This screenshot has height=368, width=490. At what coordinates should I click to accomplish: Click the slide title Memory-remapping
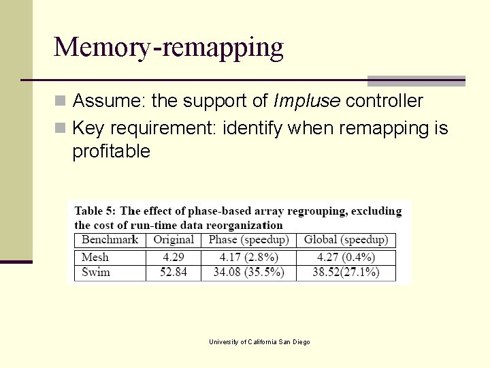point(168,48)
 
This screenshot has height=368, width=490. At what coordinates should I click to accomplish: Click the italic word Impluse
point(306,102)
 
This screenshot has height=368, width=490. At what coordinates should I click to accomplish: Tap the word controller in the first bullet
point(385,102)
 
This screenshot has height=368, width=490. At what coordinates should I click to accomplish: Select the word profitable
point(111,151)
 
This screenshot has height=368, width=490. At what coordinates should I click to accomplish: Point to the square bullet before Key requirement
point(61,128)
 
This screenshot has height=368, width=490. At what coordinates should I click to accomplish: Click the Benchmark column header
point(110,240)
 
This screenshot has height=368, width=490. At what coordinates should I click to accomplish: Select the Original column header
point(174,240)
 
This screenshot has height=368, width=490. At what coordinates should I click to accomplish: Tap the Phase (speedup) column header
point(248,240)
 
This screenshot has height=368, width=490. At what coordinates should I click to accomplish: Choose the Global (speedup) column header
point(346,240)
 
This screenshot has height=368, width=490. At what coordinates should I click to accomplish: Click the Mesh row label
point(95,258)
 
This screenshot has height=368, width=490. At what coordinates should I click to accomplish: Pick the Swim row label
point(96,273)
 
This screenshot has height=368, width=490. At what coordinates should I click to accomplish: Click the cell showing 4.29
point(174,258)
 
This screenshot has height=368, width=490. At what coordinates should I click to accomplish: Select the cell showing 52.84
point(174,273)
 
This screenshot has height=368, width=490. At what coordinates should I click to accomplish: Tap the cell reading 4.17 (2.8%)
point(248,258)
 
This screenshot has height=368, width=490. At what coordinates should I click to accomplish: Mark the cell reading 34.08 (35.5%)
point(248,273)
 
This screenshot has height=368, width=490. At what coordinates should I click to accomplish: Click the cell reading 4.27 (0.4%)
point(346,258)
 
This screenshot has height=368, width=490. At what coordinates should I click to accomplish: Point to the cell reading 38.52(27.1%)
point(346,273)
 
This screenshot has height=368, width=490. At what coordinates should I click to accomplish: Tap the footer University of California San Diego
point(259,342)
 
